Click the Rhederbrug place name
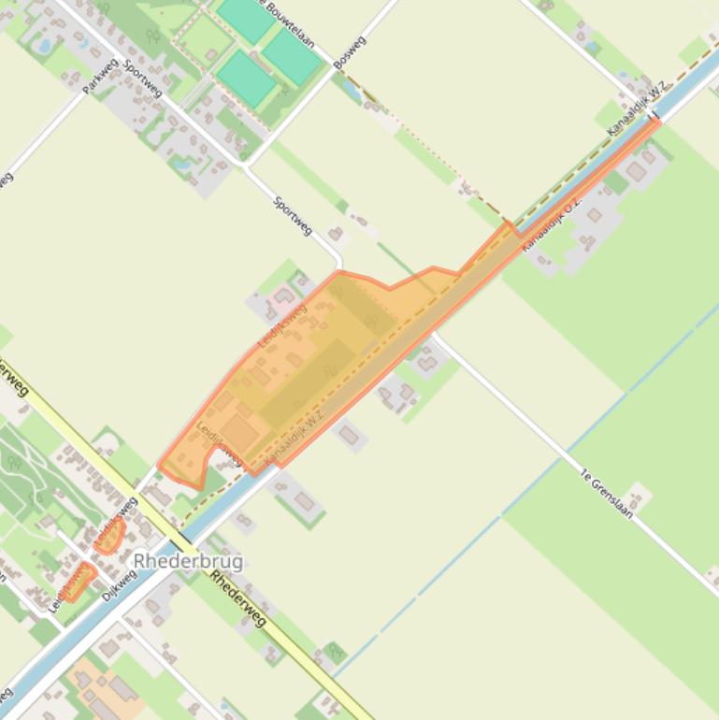click(x=188, y=561)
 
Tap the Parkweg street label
click(x=101, y=77)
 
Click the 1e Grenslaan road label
click(x=606, y=493)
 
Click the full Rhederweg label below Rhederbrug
click(x=238, y=598)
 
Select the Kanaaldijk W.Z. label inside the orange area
click(x=294, y=438)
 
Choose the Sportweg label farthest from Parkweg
click(x=293, y=215)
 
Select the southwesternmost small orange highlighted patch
click(x=77, y=582)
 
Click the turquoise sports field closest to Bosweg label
click(x=293, y=55)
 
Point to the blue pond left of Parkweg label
click(x=43, y=44)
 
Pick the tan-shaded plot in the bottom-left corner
click(x=98, y=687)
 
